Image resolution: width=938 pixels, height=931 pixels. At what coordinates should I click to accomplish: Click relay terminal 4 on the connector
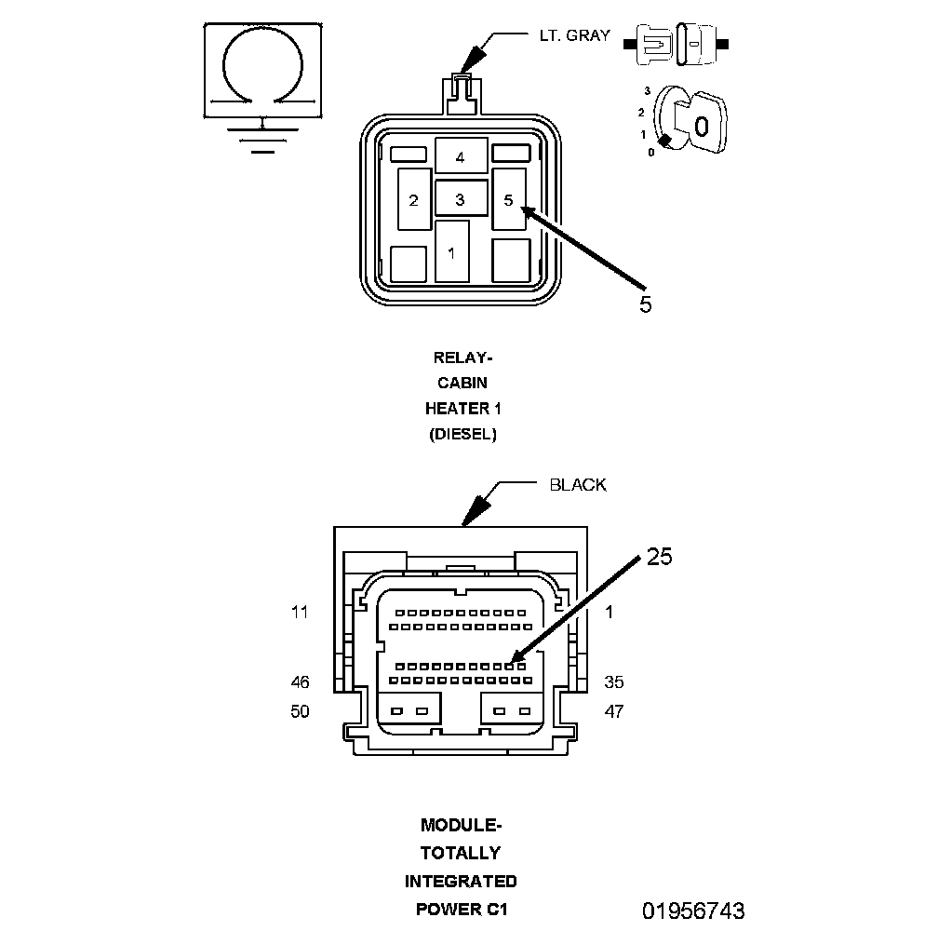point(461,155)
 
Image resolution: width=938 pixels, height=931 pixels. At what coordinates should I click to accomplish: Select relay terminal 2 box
point(415,199)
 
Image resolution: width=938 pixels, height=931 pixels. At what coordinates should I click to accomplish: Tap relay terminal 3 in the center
point(461,198)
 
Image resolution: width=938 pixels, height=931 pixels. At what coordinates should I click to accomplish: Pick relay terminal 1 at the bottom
point(451,251)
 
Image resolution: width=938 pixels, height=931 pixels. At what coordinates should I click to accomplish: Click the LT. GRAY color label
point(574,36)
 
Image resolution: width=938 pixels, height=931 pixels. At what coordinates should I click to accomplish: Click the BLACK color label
point(578,485)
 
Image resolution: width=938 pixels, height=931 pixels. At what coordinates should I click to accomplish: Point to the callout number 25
point(659,557)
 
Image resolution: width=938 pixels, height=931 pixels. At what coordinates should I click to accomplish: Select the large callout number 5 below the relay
point(645,304)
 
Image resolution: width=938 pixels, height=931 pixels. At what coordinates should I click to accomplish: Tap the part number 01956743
point(693,911)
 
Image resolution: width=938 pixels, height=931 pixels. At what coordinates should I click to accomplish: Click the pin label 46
point(300,682)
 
